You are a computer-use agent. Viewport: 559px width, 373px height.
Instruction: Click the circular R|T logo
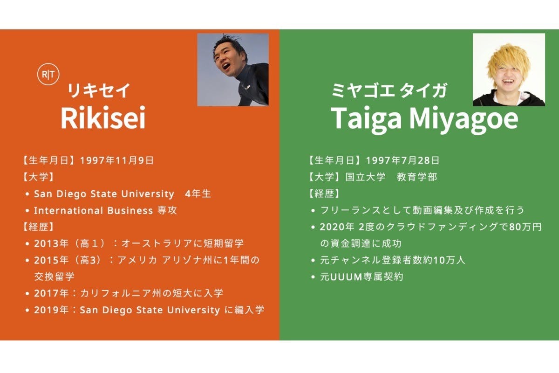pos(48,74)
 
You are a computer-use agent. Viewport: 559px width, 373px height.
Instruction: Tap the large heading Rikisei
pos(103,117)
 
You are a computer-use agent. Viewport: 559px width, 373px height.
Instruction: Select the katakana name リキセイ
pos(99,90)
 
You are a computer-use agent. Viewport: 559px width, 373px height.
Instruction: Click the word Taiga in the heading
pos(366,119)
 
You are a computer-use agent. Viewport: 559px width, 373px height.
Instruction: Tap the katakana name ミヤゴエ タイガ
pos(389,90)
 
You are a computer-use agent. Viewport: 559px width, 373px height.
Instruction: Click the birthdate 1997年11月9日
pos(116,160)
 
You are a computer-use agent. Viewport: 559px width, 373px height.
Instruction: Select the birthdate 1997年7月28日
pos(402,160)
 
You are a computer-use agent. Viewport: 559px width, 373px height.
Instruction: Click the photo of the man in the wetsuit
pos(233,70)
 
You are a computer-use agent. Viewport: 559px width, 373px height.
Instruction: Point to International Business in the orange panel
pos(93,210)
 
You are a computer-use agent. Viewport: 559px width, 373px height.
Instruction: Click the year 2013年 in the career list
pos(51,243)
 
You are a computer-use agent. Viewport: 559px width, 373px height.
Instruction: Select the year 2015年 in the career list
pos(51,260)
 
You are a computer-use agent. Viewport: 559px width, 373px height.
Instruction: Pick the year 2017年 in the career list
pos(51,293)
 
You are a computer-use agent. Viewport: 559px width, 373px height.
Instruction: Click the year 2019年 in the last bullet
pos(51,310)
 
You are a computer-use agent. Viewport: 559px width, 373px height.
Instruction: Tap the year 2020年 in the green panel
pos(337,227)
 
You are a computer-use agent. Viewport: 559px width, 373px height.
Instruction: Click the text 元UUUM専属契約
pos(361,277)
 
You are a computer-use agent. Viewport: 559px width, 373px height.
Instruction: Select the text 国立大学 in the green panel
pos(366,177)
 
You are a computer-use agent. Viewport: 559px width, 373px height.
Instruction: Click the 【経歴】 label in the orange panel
pos(38,227)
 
